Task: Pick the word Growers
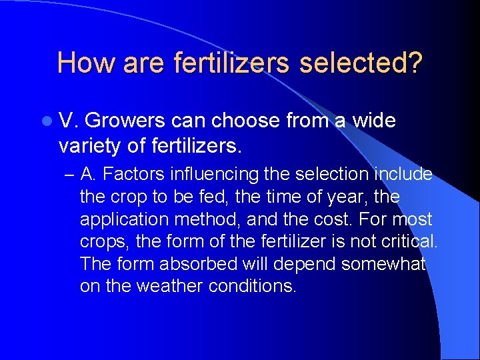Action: [x=125, y=121]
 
